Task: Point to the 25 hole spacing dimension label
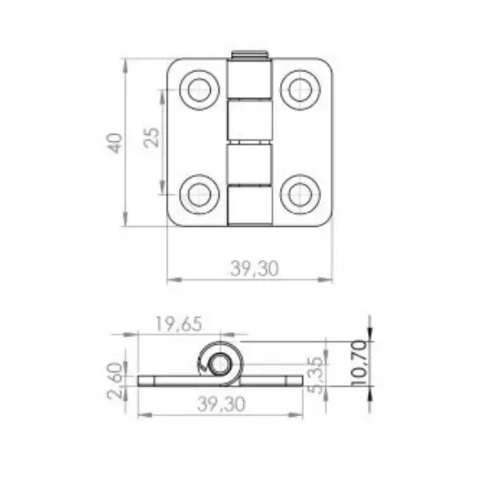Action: (x=152, y=137)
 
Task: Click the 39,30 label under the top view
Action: (x=254, y=269)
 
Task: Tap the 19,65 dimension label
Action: (x=179, y=324)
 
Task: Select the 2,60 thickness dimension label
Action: (x=115, y=381)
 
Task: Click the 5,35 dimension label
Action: (x=316, y=375)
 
